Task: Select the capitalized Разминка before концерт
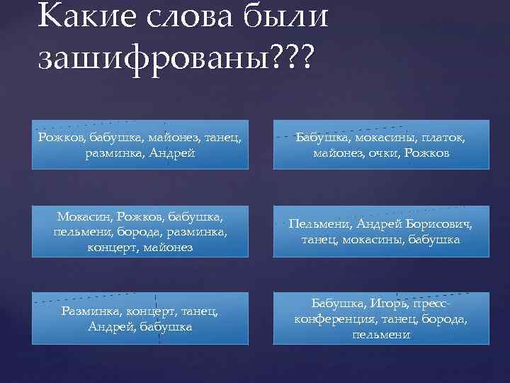coord(91,311)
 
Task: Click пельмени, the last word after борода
coord(380,334)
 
